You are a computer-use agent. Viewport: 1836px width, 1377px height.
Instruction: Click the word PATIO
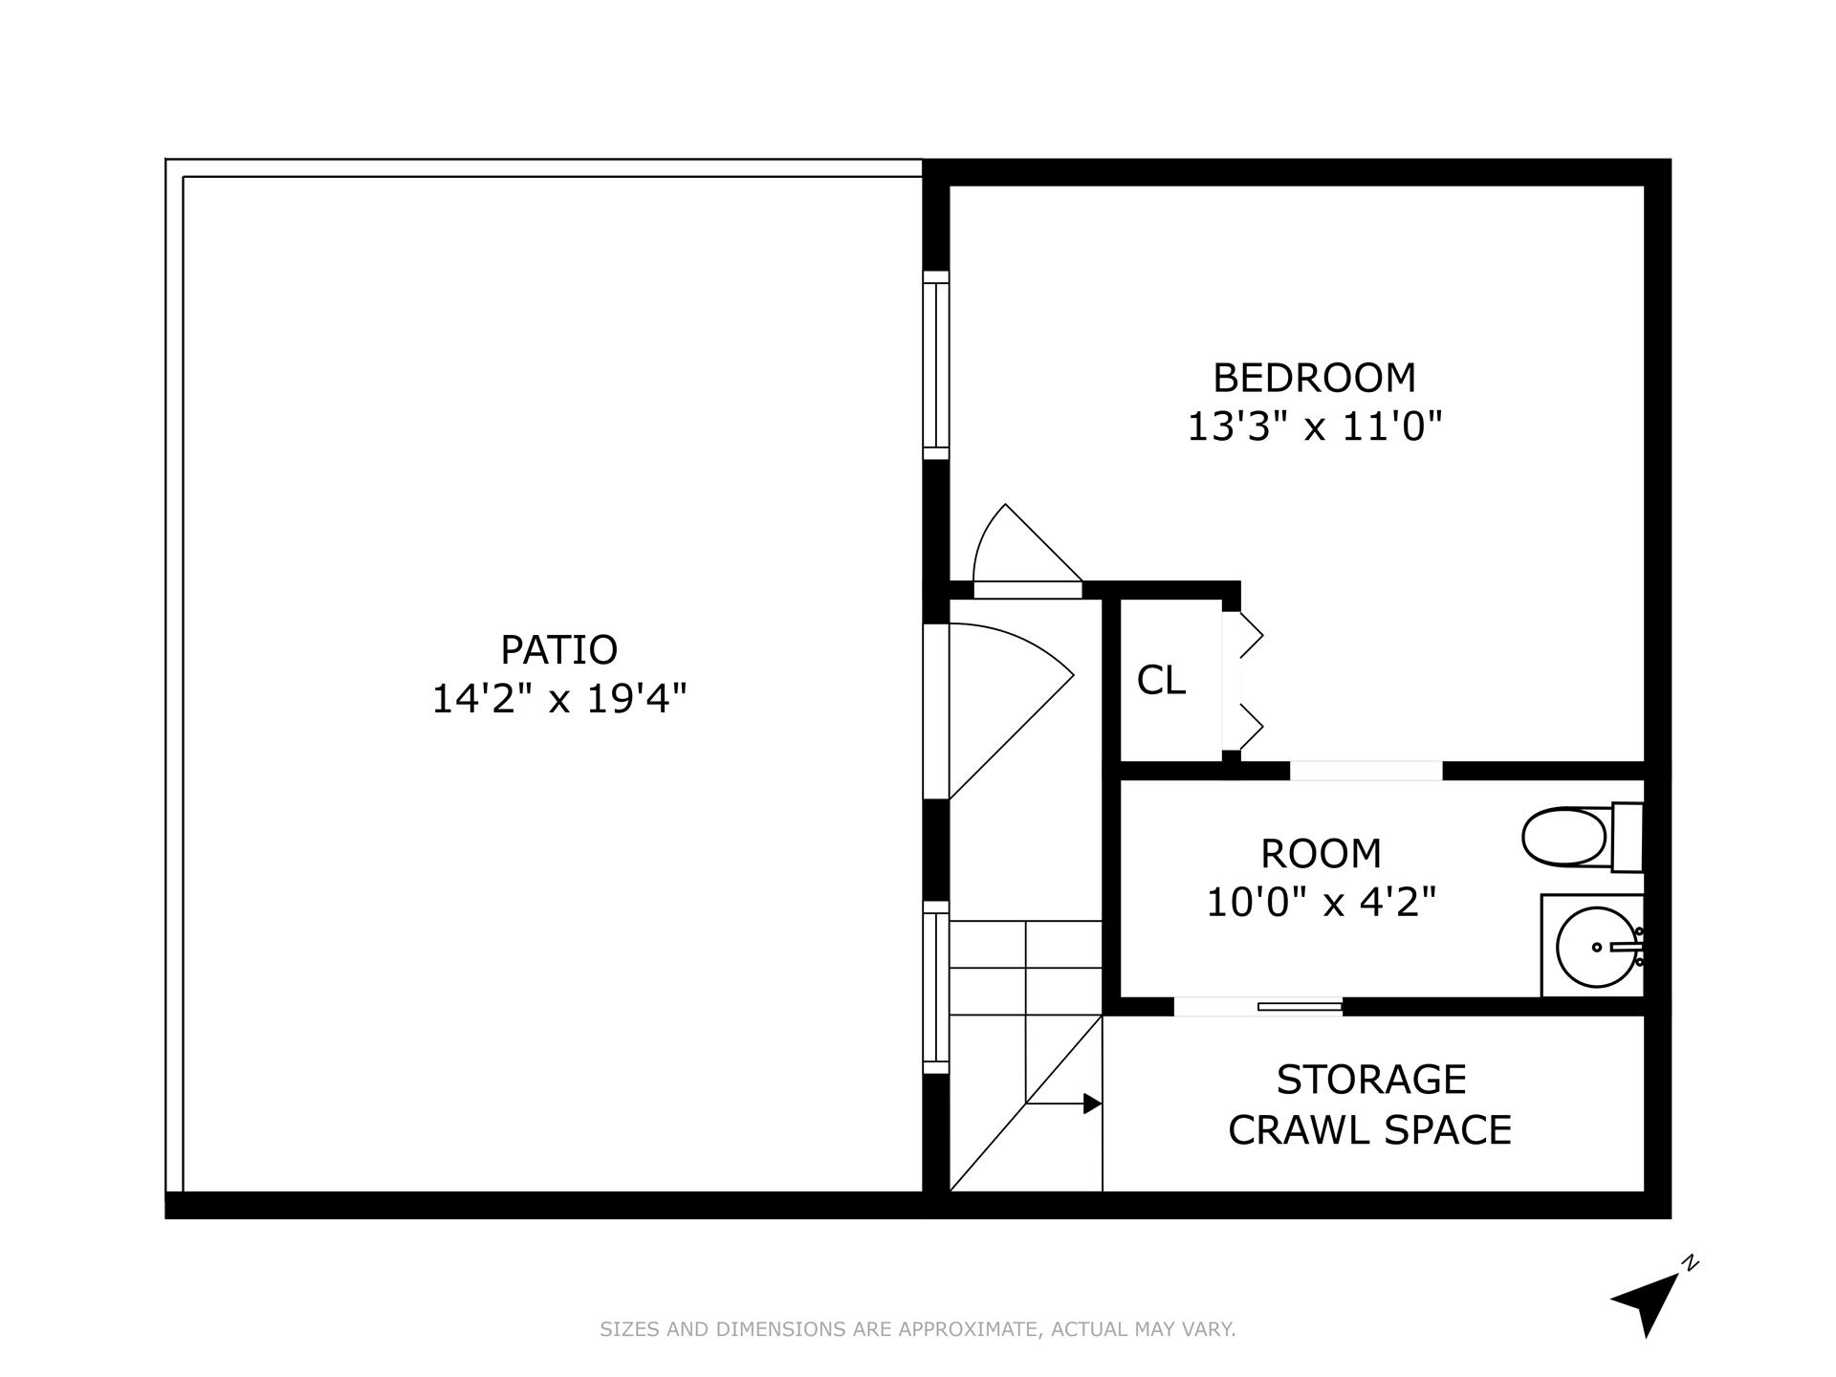tap(559, 650)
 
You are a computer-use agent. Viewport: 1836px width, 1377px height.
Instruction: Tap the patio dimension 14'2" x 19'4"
tap(559, 699)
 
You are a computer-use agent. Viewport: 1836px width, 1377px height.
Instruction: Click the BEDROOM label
tap(1314, 378)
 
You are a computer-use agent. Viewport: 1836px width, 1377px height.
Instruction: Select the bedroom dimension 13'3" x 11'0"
tap(1314, 426)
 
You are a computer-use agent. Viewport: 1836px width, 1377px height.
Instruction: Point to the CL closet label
tap(1161, 681)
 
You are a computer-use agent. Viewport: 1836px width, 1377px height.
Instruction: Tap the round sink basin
tap(1594, 947)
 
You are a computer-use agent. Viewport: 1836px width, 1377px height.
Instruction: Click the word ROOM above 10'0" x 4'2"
tap(1321, 853)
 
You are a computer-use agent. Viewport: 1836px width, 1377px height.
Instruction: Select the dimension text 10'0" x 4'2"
tap(1321, 902)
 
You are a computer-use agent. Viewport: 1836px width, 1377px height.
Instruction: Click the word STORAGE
tap(1370, 1080)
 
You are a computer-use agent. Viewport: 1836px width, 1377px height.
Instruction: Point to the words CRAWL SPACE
tap(1369, 1130)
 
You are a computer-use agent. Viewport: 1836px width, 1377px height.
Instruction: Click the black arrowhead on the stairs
tap(1091, 1104)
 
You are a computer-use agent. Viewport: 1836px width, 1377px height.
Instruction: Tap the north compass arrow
tap(1647, 1303)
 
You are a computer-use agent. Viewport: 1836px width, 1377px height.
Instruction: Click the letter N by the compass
tap(1691, 1263)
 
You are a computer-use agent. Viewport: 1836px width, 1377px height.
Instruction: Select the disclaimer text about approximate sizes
tap(917, 1329)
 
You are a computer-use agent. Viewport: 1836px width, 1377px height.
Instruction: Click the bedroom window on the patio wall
tap(935, 365)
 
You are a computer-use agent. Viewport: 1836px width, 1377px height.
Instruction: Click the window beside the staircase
tap(935, 988)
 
